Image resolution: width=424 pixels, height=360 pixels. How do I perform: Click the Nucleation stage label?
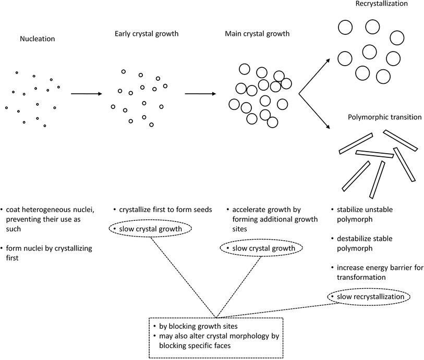37,39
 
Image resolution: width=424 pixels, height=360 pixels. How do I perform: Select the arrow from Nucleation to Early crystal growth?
86,94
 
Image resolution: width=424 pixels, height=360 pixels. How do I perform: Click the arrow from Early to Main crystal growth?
200,94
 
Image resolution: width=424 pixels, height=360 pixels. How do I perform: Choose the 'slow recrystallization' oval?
369,296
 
